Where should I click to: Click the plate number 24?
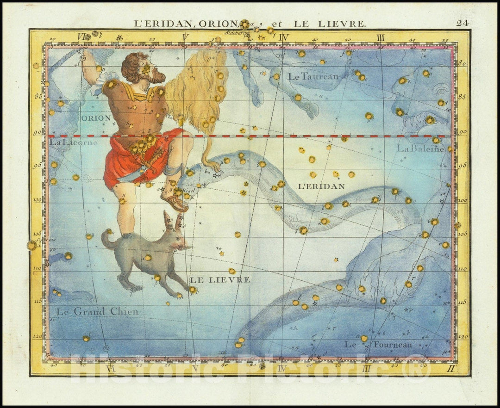[462, 23]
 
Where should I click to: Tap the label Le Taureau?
[313, 77]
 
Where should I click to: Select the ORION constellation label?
[96, 118]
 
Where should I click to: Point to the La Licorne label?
[73, 142]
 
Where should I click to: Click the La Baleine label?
[420, 149]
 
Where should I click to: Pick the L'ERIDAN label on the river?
[321, 186]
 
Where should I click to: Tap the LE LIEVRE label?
[220, 280]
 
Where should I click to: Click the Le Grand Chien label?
[97, 312]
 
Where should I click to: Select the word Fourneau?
[393, 345]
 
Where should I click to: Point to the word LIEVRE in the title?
[344, 23]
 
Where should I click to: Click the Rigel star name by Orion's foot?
[189, 190]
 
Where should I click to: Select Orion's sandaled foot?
[175, 202]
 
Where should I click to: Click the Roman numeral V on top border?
[185, 37]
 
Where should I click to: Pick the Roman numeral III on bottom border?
[367, 368]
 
